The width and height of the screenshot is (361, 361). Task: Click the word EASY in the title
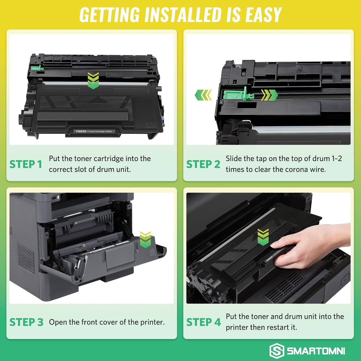click(264, 15)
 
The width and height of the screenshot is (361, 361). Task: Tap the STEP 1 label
click(25, 164)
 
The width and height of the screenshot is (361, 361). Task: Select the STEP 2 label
click(203, 164)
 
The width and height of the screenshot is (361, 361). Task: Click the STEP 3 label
click(26, 322)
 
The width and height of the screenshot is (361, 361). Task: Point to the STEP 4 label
click(203, 322)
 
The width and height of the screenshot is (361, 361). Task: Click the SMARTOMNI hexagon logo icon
click(277, 351)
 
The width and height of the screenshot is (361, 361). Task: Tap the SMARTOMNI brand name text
click(316, 351)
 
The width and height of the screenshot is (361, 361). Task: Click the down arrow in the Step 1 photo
click(93, 81)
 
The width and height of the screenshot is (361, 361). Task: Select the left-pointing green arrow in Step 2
click(203, 95)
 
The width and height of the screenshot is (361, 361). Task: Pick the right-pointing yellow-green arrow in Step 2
click(269, 95)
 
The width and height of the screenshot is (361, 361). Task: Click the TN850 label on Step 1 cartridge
click(81, 131)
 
